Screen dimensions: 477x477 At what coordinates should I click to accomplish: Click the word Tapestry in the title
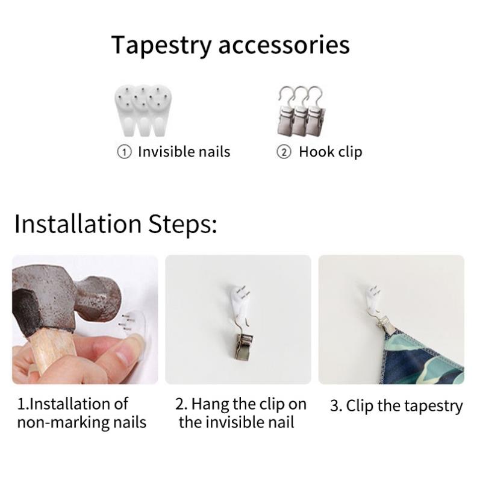click(x=161, y=45)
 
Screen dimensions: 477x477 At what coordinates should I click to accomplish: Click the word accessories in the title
click(x=284, y=46)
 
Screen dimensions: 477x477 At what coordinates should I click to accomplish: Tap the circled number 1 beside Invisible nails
click(x=124, y=152)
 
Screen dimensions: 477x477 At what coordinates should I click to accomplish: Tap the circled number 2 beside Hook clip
click(x=284, y=152)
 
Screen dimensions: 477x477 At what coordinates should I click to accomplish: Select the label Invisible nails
click(x=184, y=152)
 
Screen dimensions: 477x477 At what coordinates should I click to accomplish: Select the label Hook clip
click(x=331, y=152)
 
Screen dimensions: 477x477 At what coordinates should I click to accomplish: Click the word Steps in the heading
click(x=182, y=225)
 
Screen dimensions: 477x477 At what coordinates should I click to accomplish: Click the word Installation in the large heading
click(x=78, y=224)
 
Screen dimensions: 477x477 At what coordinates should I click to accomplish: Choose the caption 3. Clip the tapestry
click(x=396, y=406)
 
